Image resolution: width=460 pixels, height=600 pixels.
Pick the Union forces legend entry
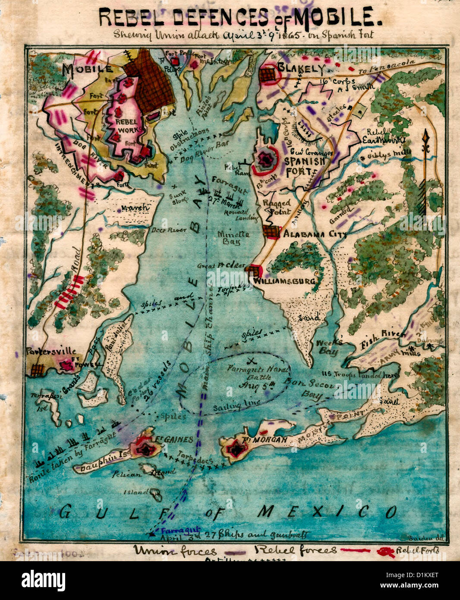pos(174,550)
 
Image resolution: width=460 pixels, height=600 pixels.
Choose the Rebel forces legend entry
pos(296,550)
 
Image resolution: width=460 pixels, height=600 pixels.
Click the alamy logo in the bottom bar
pos(43,580)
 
